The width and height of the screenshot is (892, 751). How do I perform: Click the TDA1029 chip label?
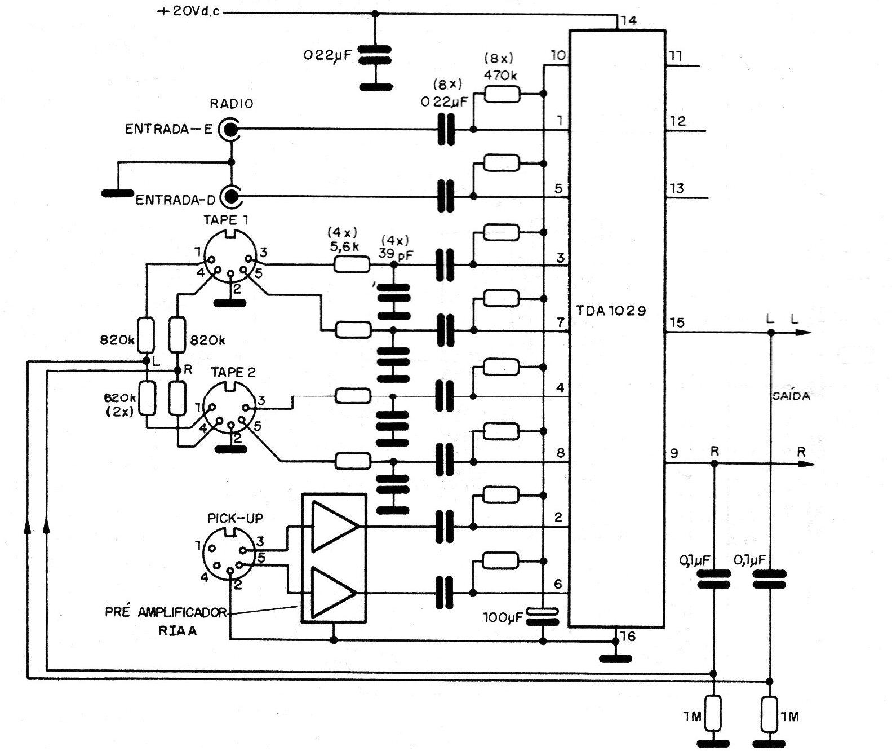click(x=611, y=311)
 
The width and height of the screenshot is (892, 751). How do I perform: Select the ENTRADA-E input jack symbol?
click(x=230, y=130)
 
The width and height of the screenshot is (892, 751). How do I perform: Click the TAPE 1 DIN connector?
click(x=230, y=260)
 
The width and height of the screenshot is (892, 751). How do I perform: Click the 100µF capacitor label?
click(x=503, y=618)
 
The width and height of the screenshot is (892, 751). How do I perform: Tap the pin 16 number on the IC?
click(x=627, y=637)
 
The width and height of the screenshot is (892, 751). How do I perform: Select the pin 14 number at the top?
click(x=627, y=21)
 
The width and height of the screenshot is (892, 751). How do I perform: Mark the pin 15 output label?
click(x=677, y=323)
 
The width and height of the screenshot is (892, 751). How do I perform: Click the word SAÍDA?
click(x=791, y=396)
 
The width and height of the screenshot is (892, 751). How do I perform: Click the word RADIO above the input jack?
click(x=232, y=104)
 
